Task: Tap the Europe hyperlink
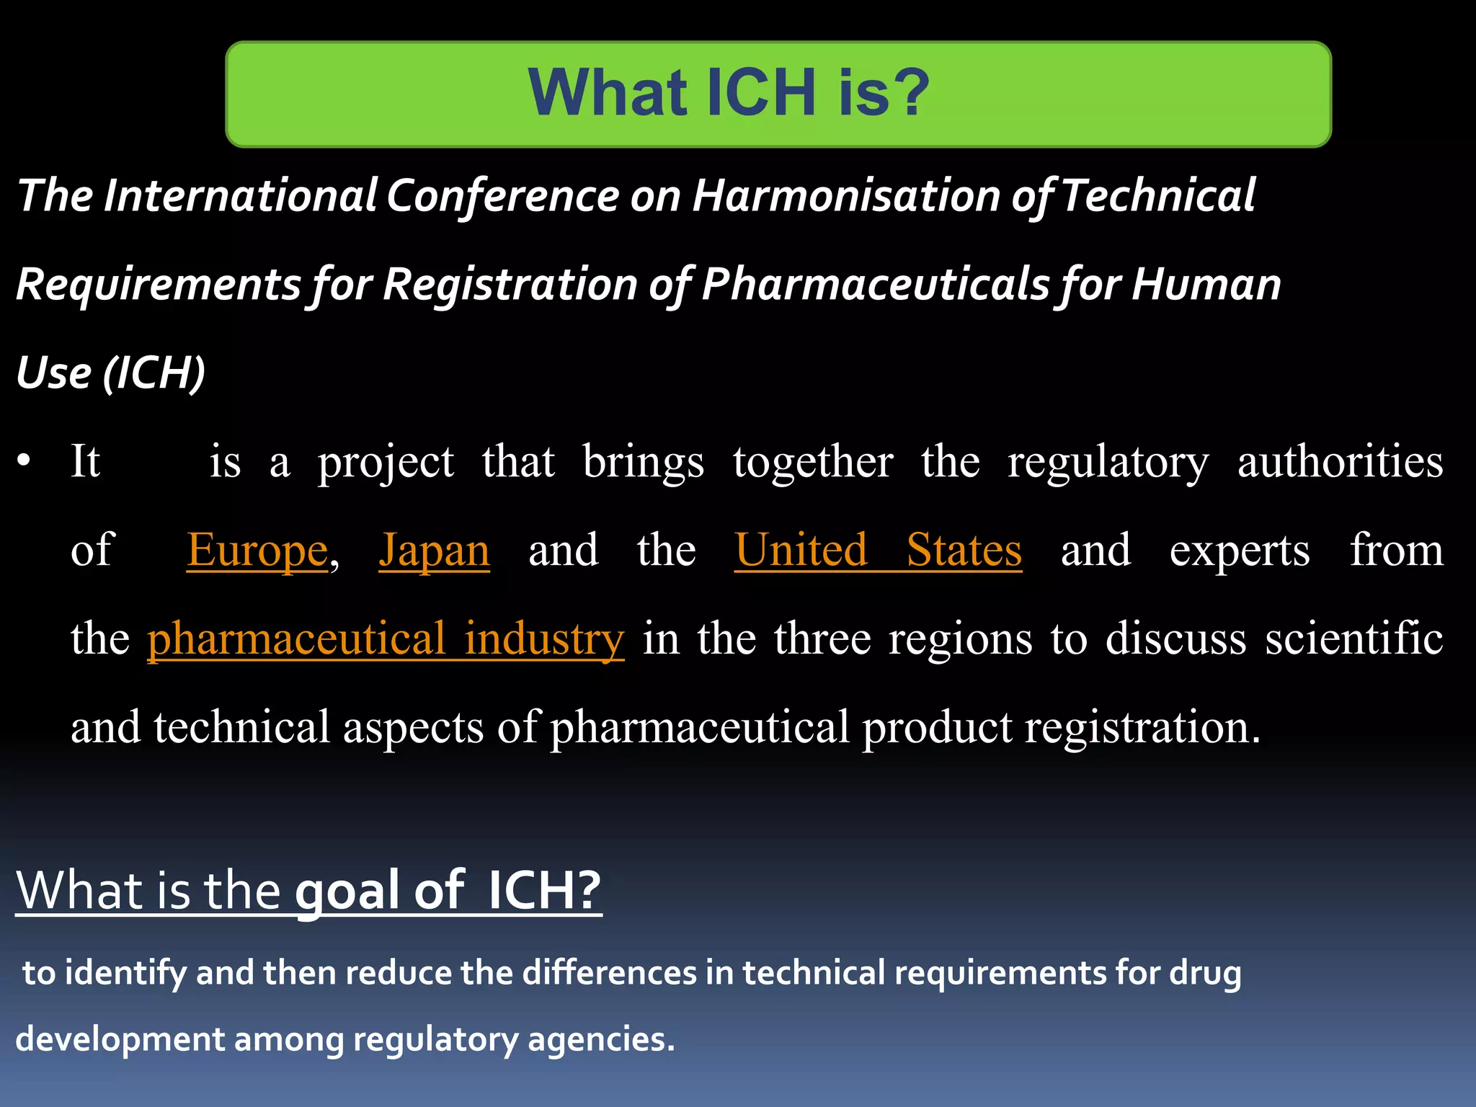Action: (x=257, y=551)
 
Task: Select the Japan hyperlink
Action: (x=434, y=551)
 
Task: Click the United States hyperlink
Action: (x=878, y=551)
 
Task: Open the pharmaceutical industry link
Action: (x=386, y=639)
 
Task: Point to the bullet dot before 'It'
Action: (x=25, y=461)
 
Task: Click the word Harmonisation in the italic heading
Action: (x=846, y=196)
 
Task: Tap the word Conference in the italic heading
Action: (x=502, y=196)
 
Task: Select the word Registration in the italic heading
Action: (x=510, y=284)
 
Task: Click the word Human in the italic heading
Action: (x=1206, y=284)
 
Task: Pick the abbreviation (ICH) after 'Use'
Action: (x=154, y=373)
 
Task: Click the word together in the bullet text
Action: (x=813, y=461)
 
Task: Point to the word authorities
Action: (x=1340, y=461)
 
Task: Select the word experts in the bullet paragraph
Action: (x=1240, y=551)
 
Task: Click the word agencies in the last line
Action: (x=601, y=1040)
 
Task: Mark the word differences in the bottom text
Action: (x=609, y=973)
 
